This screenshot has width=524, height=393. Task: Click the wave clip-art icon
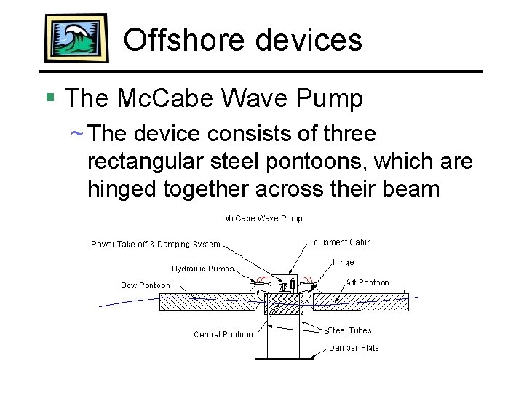coord(76,38)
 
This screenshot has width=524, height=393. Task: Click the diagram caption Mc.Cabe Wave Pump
coord(263,218)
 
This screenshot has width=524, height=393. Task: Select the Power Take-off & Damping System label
coord(155,245)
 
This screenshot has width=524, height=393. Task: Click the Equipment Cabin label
coord(339,242)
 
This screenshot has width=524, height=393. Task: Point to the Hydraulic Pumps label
coord(202,269)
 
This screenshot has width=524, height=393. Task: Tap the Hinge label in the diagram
coord(344,262)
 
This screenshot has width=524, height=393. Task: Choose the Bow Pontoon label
coord(145,285)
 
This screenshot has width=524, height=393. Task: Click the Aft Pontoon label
coord(368,282)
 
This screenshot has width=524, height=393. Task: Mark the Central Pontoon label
coord(223,334)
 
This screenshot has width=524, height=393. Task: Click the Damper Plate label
coord(354,348)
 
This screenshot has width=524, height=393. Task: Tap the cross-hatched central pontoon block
coord(283,309)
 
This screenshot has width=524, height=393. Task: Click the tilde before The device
coord(76,134)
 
